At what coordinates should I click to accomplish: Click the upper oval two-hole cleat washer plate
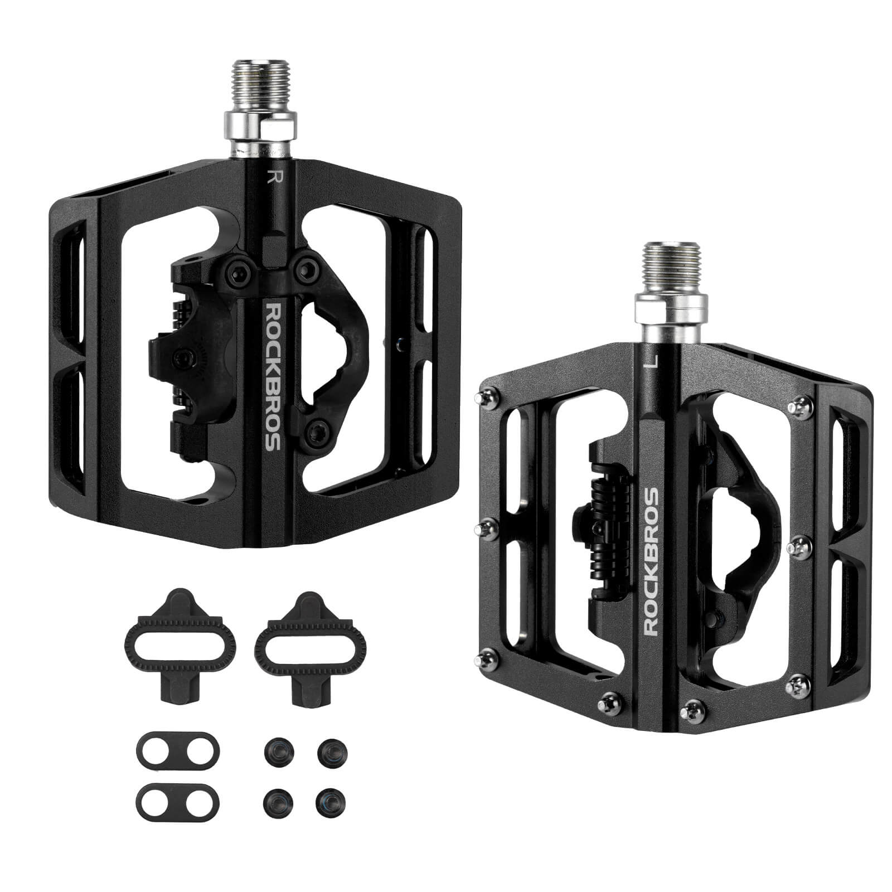[x=178, y=750]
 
